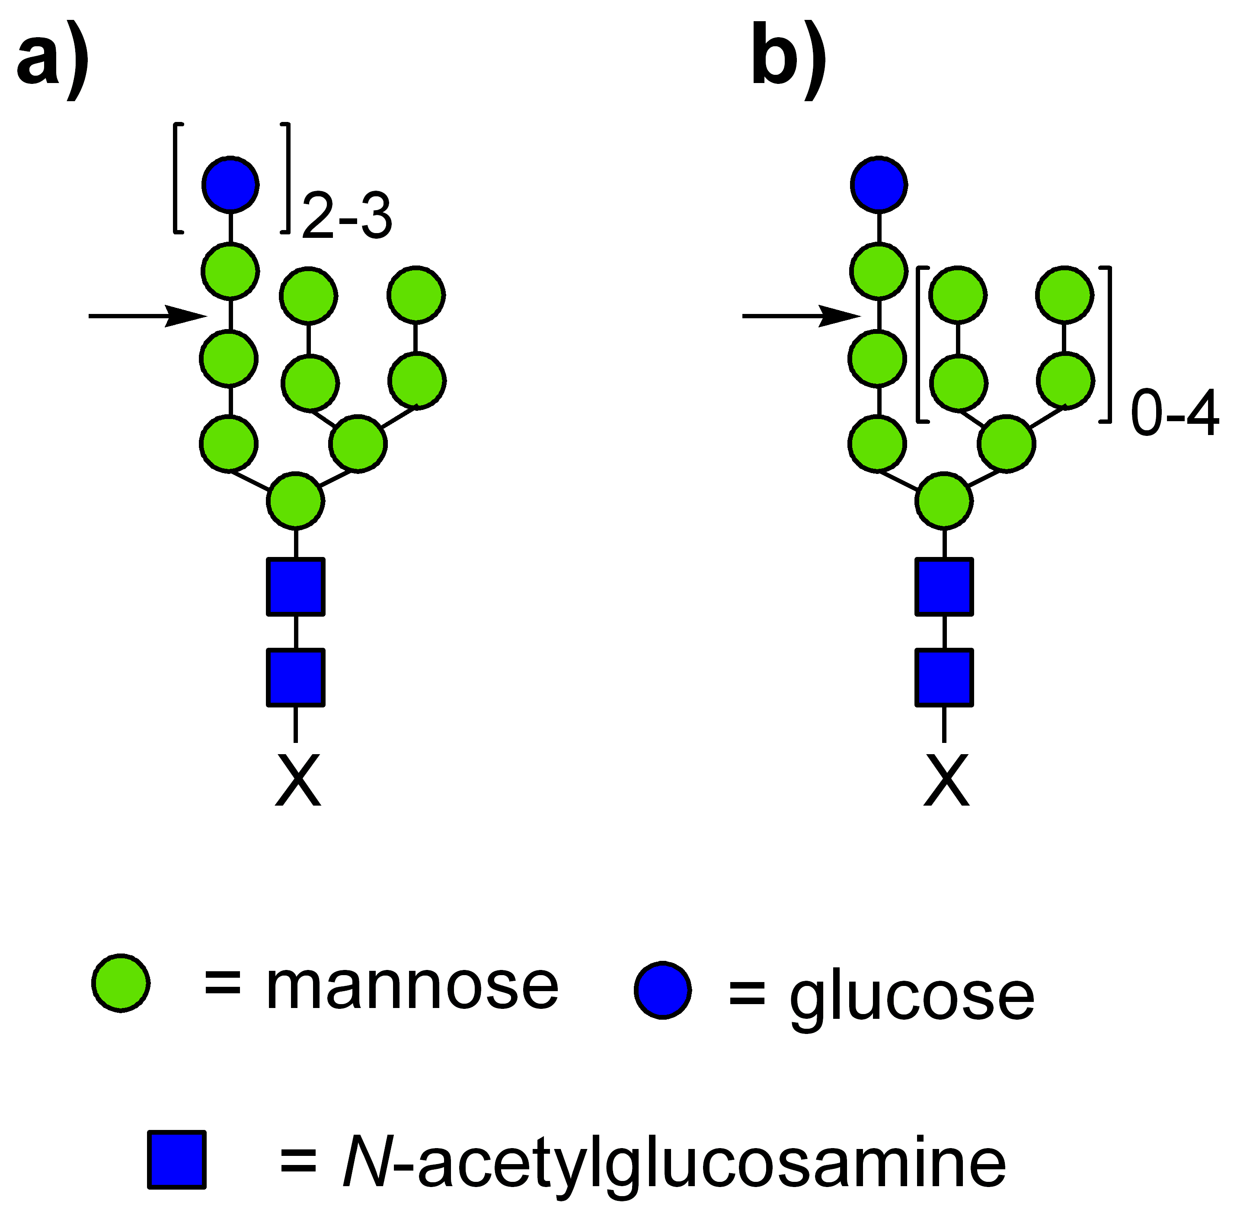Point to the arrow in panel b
802,316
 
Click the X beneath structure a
297,781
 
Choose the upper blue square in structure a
296,587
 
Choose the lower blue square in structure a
296,678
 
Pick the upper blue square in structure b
945,587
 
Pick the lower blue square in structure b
945,678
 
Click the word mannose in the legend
412,987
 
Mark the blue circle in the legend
663,989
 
